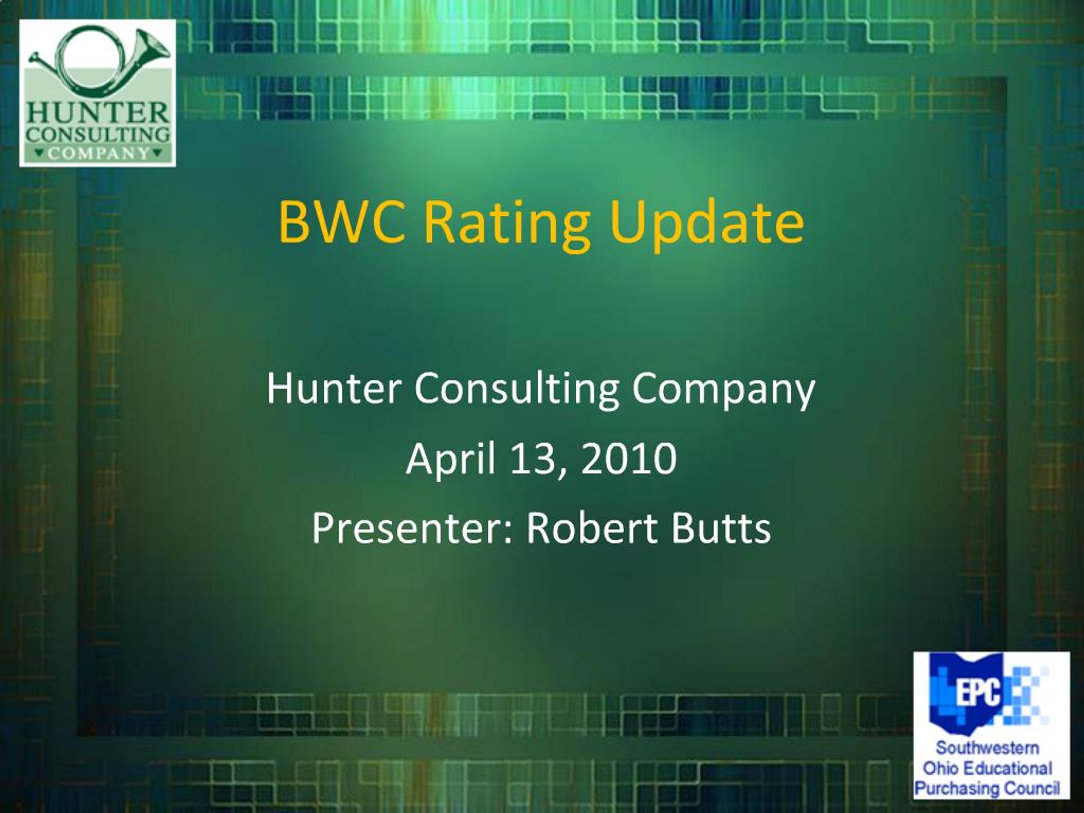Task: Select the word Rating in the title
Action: pos(508,227)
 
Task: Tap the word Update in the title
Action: pos(707,226)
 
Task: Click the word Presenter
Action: pos(412,529)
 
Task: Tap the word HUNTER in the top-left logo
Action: pos(97,113)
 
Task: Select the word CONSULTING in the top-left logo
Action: pos(98,135)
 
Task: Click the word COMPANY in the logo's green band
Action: pos(98,153)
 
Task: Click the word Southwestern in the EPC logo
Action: pos(987,748)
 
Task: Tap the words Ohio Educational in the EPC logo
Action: pos(987,768)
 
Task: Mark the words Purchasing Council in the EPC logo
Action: pos(987,788)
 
